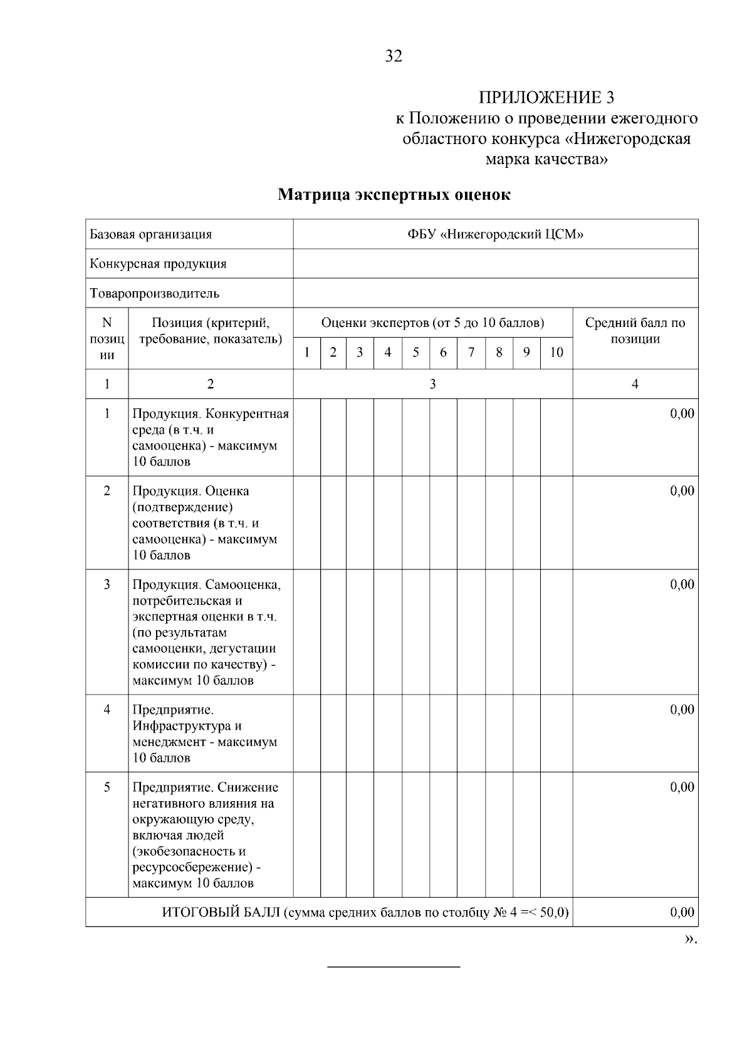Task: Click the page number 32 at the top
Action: (x=394, y=56)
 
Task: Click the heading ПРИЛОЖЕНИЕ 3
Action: (x=546, y=98)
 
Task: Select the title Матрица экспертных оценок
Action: (x=394, y=195)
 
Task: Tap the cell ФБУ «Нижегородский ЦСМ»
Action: (x=495, y=234)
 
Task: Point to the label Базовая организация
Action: (x=151, y=234)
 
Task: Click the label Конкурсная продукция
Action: (x=158, y=264)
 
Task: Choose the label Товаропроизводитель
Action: (x=155, y=293)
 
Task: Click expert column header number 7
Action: (x=471, y=353)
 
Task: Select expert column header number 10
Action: (x=556, y=353)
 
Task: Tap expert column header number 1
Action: (x=307, y=353)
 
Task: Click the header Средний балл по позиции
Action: (x=635, y=331)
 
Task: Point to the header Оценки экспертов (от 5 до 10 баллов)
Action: (x=432, y=323)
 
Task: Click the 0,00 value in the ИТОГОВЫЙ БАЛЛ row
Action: (x=682, y=913)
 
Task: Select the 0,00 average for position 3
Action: (x=682, y=584)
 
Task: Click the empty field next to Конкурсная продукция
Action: (x=495, y=264)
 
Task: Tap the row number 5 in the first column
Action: (x=107, y=787)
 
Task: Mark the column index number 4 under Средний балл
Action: (x=635, y=384)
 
